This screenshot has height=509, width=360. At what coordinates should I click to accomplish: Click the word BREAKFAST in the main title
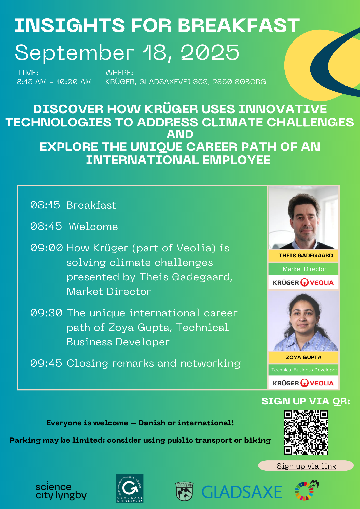point(239,25)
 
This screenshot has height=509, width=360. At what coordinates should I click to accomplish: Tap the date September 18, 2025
point(127,52)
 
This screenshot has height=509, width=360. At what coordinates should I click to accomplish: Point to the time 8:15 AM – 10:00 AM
point(54,82)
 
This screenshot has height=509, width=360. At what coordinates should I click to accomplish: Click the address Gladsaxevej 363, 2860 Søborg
point(203,82)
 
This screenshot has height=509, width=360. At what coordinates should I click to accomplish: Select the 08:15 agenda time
point(45,205)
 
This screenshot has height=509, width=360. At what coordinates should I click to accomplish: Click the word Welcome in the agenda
point(93,227)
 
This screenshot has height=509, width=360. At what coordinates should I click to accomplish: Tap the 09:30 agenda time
point(46,313)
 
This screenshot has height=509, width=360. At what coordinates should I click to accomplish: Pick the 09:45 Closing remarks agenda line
point(135,363)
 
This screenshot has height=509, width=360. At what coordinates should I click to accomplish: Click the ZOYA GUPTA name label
point(303,357)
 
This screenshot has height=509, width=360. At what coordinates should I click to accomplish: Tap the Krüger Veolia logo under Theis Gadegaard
point(303,282)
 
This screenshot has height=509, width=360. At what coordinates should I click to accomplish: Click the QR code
point(306,432)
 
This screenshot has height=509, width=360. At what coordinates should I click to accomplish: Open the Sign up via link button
point(306,466)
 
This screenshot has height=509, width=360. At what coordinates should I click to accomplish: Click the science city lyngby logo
point(61,491)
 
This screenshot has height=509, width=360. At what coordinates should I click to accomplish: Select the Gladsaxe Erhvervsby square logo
point(130,488)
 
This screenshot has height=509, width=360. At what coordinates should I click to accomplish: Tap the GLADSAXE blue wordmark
point(242,492)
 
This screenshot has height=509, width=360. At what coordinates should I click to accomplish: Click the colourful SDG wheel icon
point(307,490)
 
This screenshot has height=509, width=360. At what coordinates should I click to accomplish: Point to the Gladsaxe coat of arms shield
point(185,491)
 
